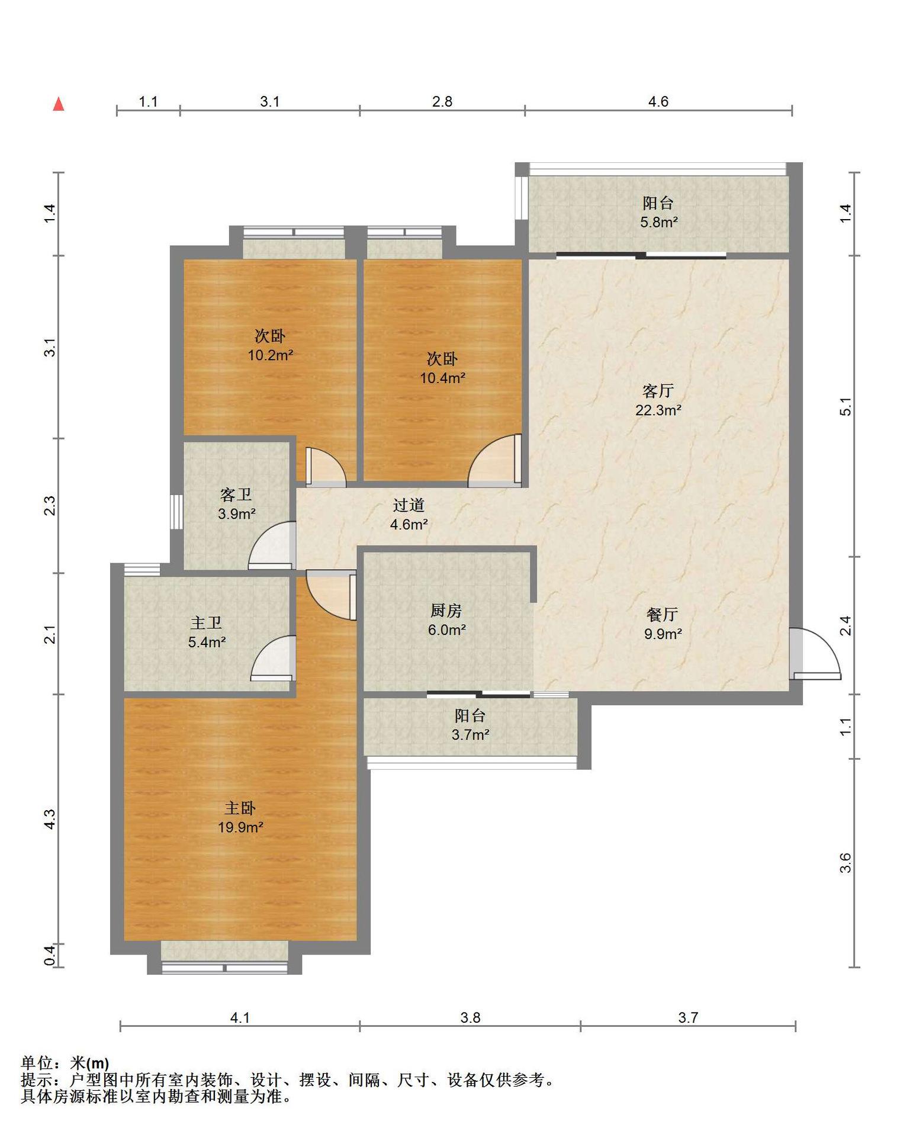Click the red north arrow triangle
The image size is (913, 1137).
click(x=59, y=104)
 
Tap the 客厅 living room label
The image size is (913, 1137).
click(x=658, y=391)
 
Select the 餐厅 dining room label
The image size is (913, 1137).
click(x=662, y=615)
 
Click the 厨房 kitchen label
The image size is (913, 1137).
click(x=446, y=611)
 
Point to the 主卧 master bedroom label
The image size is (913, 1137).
click(x=240, y=808)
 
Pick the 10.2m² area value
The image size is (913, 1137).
click(x=271, y=355)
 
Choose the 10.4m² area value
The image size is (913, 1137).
click(x=443, y=378)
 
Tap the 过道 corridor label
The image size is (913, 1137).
click(x=409, y=505)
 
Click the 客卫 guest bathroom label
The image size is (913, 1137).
click(x=236, y=494)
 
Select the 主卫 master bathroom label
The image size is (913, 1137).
click(x=206, y=623)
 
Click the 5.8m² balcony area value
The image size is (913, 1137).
click(x=658, y=222)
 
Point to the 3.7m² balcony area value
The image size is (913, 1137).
click(x=470, y=735)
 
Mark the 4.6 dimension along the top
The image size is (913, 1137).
click(x=658, y=102)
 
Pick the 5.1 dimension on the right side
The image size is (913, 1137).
click(x=846, y=406)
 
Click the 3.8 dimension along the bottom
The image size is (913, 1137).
click(x=470, y=1017)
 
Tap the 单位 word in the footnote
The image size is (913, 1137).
click(x=37, y=1063)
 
